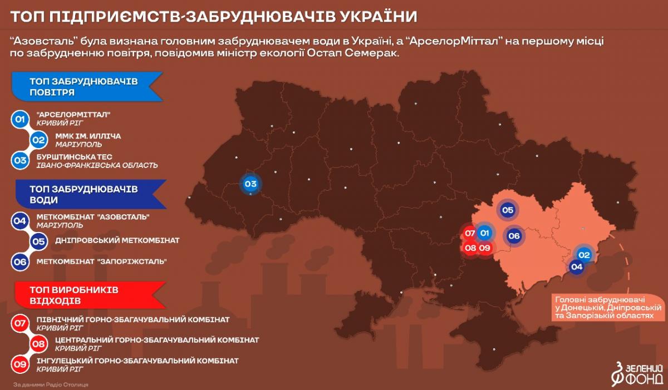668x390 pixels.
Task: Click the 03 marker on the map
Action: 250,184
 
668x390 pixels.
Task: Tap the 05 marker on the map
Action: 507,210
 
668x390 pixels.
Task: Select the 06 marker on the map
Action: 514,236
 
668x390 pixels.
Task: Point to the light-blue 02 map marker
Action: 584,255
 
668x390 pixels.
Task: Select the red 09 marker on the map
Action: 484,248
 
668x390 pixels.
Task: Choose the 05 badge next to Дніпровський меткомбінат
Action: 38,241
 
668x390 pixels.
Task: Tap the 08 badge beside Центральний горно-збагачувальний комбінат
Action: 38,343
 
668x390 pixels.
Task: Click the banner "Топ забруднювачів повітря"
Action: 87,87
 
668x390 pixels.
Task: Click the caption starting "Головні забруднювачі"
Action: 607,307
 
